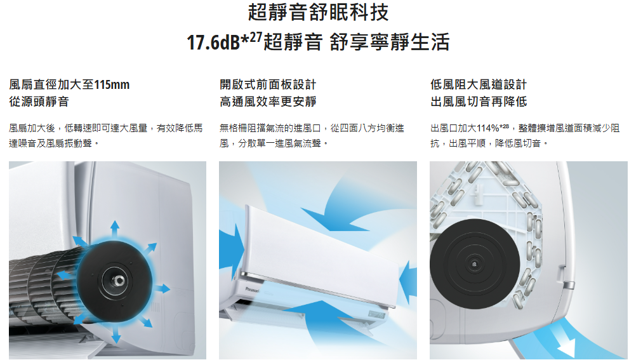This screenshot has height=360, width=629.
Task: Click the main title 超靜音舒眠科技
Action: click(319, 12)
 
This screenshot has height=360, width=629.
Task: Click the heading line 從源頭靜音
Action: click(39, 102)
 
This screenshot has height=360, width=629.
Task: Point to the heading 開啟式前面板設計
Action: click(268, 84)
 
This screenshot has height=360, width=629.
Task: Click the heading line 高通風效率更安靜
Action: click(268, 102)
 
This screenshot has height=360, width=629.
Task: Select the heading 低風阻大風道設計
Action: click(479, 84)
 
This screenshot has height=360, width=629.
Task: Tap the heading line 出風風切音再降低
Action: click(479, 102)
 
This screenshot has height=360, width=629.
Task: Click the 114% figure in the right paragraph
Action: click(488, 128)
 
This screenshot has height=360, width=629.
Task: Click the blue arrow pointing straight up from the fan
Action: click(115, 229)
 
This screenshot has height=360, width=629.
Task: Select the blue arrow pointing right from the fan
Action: click(162, 288)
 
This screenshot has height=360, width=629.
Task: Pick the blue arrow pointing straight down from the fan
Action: click(116, 333)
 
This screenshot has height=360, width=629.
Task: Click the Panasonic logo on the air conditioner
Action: click(253, 290)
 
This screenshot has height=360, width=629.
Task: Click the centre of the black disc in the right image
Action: click(475, 264)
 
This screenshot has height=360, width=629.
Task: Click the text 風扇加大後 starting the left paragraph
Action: click(32, 128)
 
